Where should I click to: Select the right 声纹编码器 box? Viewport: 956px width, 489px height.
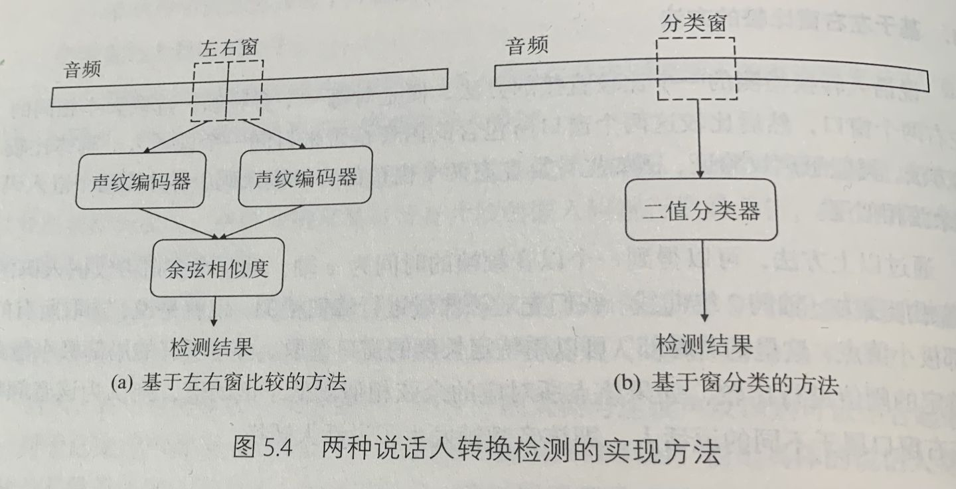click(x=305, y=177)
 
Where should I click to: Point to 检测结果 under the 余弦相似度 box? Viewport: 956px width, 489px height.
click(x=211, y=347)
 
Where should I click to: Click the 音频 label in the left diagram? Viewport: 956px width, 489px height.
click(x=82, y=69)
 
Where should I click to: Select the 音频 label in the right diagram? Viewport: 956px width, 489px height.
click(x=527, y=46)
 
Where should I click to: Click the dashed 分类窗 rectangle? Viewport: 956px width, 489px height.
click(x=696, y=68)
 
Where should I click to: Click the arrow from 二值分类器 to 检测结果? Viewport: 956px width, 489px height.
click(x=702, y=286)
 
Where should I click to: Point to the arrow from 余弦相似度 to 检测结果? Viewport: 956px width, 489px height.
click(x=214, y=311)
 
